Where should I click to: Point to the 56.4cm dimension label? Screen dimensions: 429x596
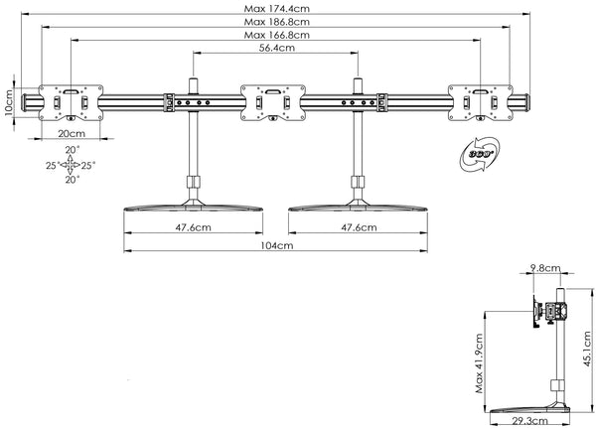[276, 48]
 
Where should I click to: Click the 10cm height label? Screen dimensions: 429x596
[9, 100]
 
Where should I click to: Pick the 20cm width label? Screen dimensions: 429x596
[70, 132]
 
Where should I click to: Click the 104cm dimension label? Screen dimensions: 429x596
[276, 245]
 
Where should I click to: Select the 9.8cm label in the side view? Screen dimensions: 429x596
[545, 267]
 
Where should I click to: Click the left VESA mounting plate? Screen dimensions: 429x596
[70, 100]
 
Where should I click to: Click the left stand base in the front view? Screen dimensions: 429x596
[193, 209]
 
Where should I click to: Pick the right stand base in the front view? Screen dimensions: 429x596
[357, 209]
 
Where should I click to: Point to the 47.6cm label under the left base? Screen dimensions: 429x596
[193, 227]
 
